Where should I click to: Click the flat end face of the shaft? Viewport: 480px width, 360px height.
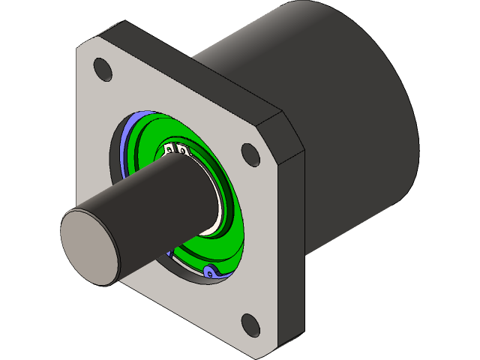[x=88, y=247]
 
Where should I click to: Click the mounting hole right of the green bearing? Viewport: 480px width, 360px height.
[x=250, y=154]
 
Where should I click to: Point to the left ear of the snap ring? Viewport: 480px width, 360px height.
[x=170, y=151]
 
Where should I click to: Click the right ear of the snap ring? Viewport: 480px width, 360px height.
[x=182, y=151]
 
